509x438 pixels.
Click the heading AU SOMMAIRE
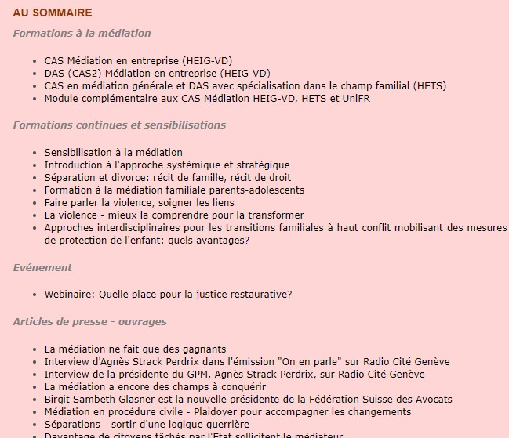click(53, 13)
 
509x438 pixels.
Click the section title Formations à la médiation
click(82, 34)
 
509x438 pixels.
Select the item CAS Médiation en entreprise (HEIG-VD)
click(138, 60)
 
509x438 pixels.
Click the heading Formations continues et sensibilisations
click(119, 125)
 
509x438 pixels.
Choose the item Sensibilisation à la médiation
click(113, 152)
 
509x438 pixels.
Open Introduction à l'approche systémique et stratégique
click(167, 165)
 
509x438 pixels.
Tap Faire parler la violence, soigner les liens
click(139, 202)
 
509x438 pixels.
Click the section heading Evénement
click(42, 267)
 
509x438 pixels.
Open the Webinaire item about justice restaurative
click(168, 295)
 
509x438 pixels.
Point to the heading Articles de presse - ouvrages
click(89, 321)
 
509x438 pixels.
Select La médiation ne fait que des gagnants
click(135, 349)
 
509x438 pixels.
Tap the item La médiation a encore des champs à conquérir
click(155, 386)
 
